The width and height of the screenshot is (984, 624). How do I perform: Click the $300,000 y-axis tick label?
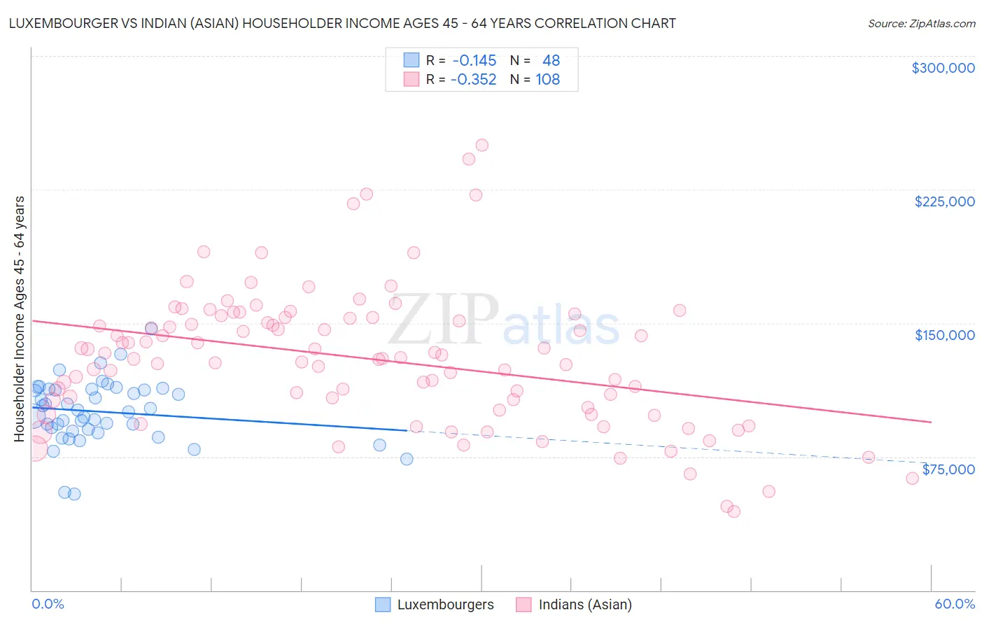[943, 68]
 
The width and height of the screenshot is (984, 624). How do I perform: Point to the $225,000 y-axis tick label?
[944, 201]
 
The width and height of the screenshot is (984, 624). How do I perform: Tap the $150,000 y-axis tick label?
[944, 335]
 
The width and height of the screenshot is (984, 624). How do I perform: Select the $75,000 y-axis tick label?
[948, 469]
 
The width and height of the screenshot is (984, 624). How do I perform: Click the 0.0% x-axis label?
[48, 604]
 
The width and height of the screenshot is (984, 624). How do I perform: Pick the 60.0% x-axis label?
[955, 604]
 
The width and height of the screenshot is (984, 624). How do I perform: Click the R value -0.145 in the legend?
[474, 60]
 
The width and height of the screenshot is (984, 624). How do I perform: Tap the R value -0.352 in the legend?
[473, 80]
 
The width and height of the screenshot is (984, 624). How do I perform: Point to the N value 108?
[547, 80]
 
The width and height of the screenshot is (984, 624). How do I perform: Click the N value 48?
[551, 60]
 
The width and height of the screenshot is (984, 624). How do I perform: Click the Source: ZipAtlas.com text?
[921, 24]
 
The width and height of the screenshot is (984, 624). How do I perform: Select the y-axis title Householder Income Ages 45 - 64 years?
[19, 319]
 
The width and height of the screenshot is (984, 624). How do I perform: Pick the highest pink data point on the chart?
[482, 146]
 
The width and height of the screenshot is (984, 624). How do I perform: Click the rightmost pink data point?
[912, 478]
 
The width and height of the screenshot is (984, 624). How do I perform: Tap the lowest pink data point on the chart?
[733, 511]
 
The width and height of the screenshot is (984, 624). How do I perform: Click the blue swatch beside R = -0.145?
[411, 60]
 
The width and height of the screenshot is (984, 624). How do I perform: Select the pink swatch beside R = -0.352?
[411, 80]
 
